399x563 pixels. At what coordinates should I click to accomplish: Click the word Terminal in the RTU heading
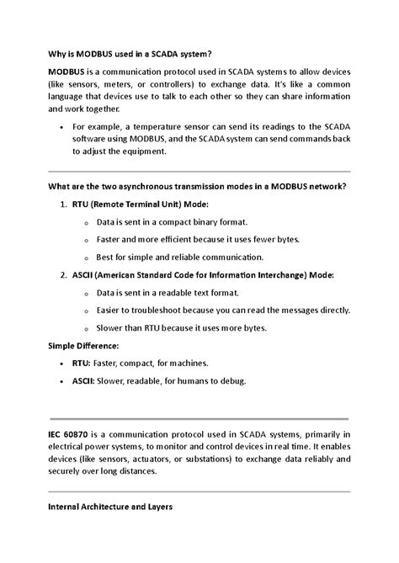(x=146, y=204)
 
